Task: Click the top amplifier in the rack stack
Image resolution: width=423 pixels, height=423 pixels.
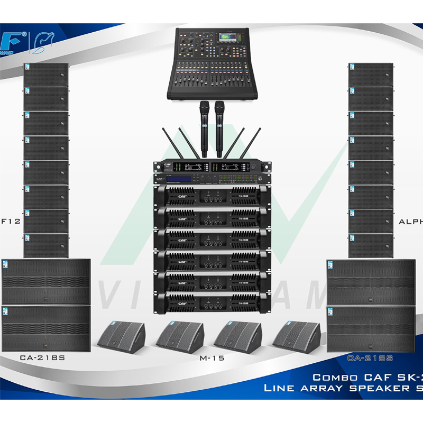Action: point(211,197)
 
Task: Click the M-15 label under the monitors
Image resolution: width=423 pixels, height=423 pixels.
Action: point(212,358)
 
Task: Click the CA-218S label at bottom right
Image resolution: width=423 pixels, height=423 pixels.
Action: point(370,358)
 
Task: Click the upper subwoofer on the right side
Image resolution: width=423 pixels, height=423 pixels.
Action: point(371,281)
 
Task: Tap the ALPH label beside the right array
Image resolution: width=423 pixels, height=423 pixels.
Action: point(410,222)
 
